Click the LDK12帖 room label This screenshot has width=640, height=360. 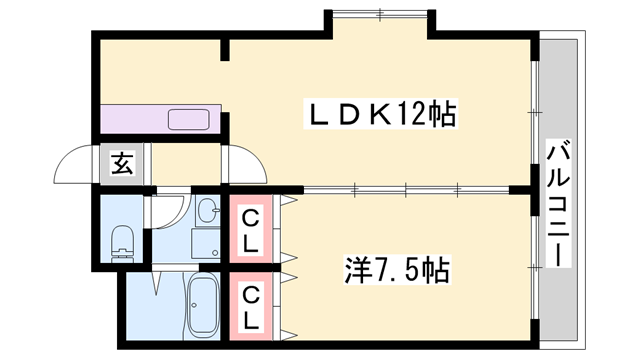379,115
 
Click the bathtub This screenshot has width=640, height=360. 204,305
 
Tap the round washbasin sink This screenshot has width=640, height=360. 207,211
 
